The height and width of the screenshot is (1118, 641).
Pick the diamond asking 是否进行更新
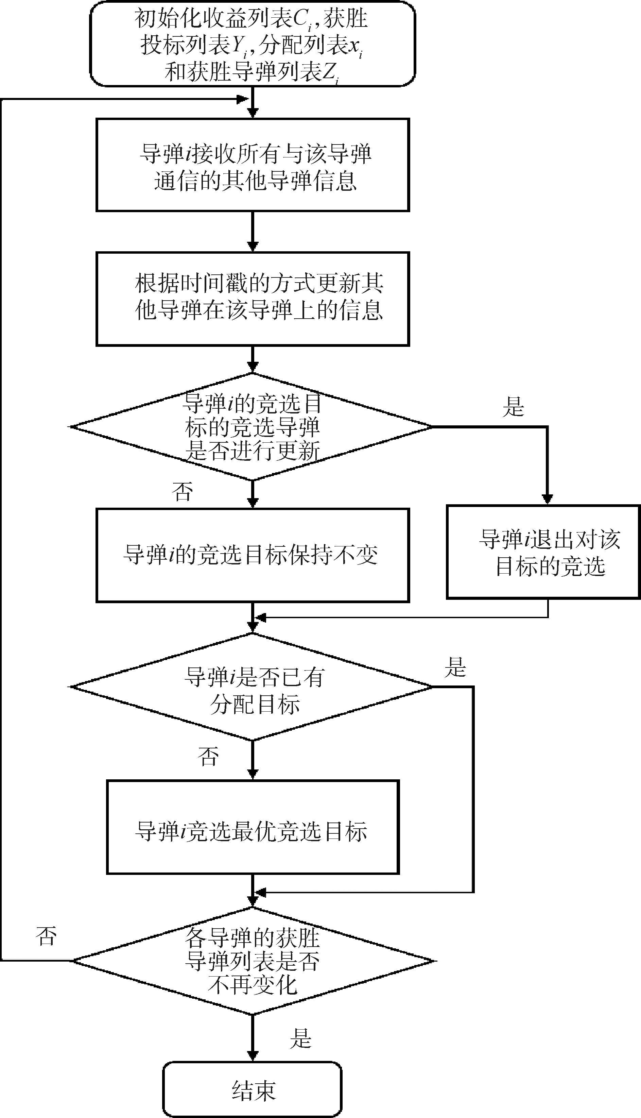pos(252,427)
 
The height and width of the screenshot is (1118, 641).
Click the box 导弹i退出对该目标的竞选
pos(543,552)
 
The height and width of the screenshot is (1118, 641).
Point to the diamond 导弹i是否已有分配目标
pos(252,687)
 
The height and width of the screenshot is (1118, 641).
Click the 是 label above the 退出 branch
pos(513,406)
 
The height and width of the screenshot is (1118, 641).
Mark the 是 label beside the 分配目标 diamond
pos(455,667)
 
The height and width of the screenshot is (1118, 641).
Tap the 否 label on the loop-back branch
pos(46,936)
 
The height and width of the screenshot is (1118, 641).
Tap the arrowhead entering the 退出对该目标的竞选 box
pos(547,499)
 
